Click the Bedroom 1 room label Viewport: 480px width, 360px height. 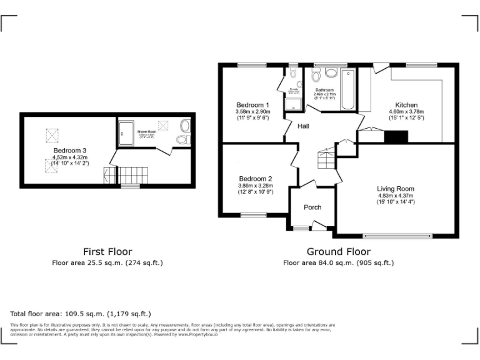tap(252, 104)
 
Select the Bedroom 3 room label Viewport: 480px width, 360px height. tap(69, 151)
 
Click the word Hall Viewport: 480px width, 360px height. tap(303, 126)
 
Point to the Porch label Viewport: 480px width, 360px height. tap(312, 207)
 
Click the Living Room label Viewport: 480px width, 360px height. tap(395, 188)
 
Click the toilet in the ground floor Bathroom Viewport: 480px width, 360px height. tap(316, 77)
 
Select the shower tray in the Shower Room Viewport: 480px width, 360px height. tap(127, 131)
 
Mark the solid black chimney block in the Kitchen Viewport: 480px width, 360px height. tap(396, 136)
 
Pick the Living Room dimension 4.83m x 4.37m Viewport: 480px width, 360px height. tap(395, 195)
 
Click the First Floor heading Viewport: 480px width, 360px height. tap(107, 252)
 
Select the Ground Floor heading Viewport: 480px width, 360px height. tap(338, 252)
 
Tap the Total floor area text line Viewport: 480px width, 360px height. tap(81, 314)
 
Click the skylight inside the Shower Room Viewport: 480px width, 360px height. tap(164, 124)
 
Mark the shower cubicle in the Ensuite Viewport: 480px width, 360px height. tap(291, 104)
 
